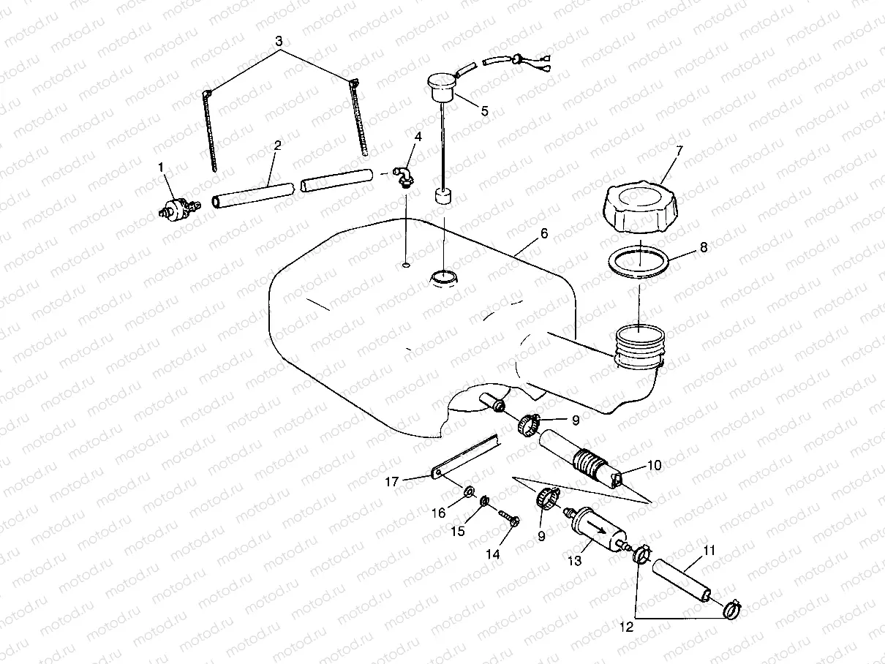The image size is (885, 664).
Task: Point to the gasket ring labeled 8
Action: tap(639, 261)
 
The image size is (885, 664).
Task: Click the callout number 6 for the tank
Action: tap(543, 233)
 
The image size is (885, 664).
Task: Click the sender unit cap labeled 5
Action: tap(440, 86)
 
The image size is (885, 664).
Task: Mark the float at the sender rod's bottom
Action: tap(442, 197)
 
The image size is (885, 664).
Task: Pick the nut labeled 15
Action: tap(483, 501)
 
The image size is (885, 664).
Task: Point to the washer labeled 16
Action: tap(468, 488)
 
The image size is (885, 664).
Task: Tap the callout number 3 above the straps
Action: tap(279, 41)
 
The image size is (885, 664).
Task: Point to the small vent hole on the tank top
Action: tap(406, 264)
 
